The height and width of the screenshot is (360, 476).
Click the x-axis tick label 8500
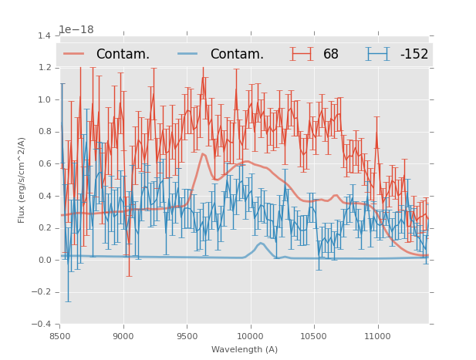(x=59, y=335)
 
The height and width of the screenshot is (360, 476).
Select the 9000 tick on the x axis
(x=123, y=335)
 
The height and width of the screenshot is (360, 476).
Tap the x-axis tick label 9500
(x=187, y=335)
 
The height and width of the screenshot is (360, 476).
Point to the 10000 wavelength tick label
(x=250, y=335)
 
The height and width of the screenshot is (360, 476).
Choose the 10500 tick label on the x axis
(x=314, y=335)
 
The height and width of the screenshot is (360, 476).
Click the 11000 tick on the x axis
(x=377, y=335)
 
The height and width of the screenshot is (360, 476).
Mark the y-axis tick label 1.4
(x=44, y=35)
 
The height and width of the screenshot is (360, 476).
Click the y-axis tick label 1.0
(x=44, y=99)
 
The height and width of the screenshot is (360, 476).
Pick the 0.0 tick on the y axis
(x=44, y=260)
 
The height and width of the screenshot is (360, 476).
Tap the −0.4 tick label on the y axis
(x=42, y=324)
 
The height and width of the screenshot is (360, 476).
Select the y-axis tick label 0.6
(x=44, y=163)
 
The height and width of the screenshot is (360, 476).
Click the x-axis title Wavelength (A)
(x=244, y=349)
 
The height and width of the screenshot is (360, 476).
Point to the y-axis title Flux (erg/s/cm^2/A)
(x=22, y=180)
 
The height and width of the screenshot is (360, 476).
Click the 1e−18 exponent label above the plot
(x=76, y=29)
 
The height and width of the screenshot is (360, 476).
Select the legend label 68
(x=331, y=55)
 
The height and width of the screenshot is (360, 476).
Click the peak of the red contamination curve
(x=203, y=153)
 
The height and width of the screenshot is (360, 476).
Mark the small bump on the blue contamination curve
(x=261, y=244)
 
